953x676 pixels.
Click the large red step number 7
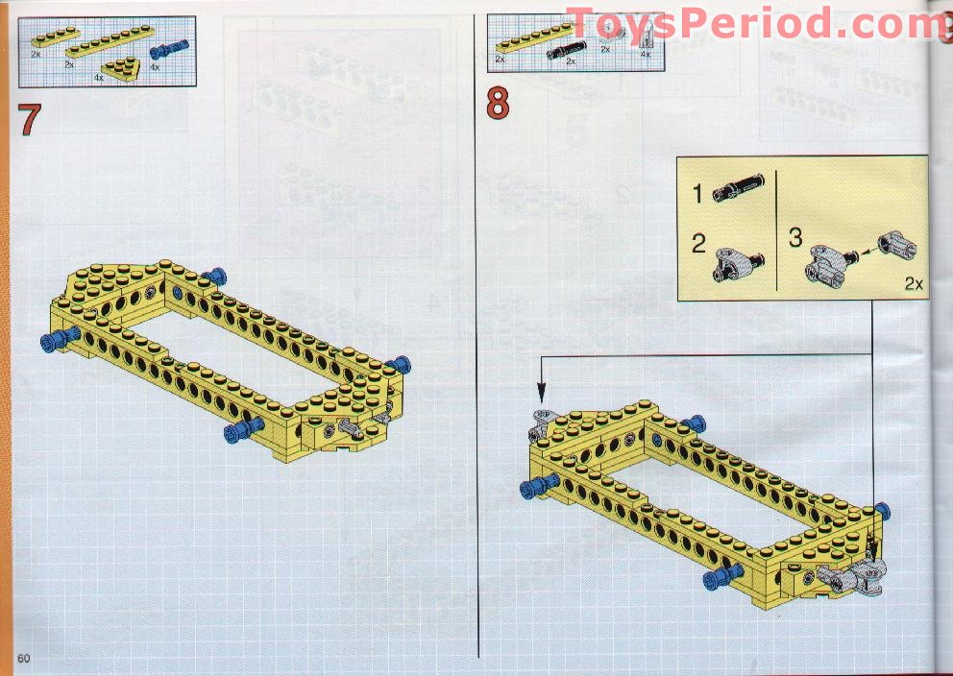[30, 120]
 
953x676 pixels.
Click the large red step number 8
[498, 104]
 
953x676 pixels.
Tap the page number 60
[24, 659]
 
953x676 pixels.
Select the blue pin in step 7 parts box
[169, 49]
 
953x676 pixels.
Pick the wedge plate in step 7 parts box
[122, 68]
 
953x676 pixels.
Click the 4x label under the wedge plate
[98, 78]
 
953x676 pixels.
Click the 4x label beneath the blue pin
[155, 67]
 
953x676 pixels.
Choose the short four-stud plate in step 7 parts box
[56, 37]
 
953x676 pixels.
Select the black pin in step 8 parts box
[566, 50]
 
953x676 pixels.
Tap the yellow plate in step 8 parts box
[535, 37]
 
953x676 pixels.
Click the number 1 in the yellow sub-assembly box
[697, 194]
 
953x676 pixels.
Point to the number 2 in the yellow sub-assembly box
[699, 244]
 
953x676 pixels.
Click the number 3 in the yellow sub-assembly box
[795, 237]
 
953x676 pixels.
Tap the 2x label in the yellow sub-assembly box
[914, 283]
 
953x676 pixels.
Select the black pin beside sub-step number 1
[738, 187]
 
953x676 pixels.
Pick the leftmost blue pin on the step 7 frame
[60, 340]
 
